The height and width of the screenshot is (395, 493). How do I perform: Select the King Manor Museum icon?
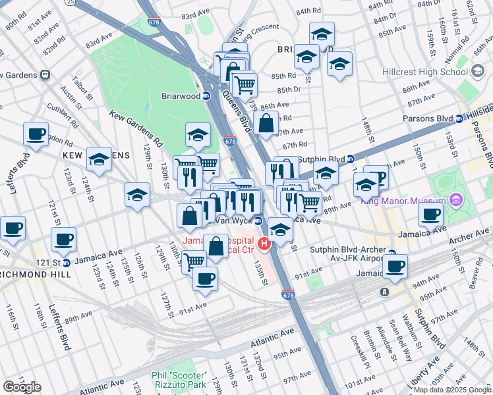[x=455, y=199]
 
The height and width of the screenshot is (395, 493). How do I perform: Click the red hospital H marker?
[x=265, y=245]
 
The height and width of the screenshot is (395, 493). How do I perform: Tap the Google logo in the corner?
[x=22, y=387]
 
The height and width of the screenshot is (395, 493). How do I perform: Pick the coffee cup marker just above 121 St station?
[x=63, y=240]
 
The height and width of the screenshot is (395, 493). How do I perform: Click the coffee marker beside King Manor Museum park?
[x=431, y=214]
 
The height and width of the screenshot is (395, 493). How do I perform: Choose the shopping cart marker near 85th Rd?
[x=245, y=84]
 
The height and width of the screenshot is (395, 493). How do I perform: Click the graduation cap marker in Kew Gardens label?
[x=99, y=159]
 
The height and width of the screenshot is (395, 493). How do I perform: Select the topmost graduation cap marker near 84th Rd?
[x=322, y=34]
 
